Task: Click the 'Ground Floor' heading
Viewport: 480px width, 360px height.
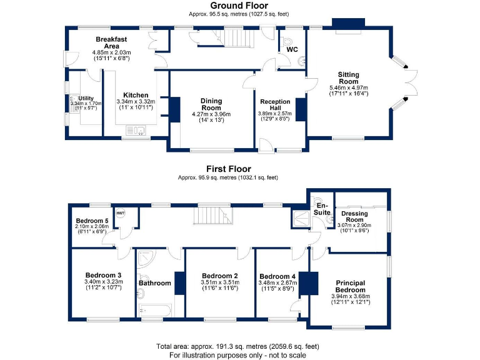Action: (x=239, y=6)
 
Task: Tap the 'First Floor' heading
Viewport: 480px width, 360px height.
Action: (x=229, y=169)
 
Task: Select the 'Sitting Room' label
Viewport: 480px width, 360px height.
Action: (x=349, y=77)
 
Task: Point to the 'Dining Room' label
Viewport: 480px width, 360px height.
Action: (x=211, y=104)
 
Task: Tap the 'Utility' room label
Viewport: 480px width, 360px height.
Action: (x=85, y=99)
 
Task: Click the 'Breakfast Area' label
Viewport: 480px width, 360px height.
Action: (x=112, y=42)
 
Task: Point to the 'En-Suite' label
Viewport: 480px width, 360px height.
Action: (x=322, y=209)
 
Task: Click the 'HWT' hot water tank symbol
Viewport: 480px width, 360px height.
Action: (x=120, y=213)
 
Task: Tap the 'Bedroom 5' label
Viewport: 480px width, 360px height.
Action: (x=92, y=221)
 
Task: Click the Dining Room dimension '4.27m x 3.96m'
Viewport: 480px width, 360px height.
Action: (x=211, y=115)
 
